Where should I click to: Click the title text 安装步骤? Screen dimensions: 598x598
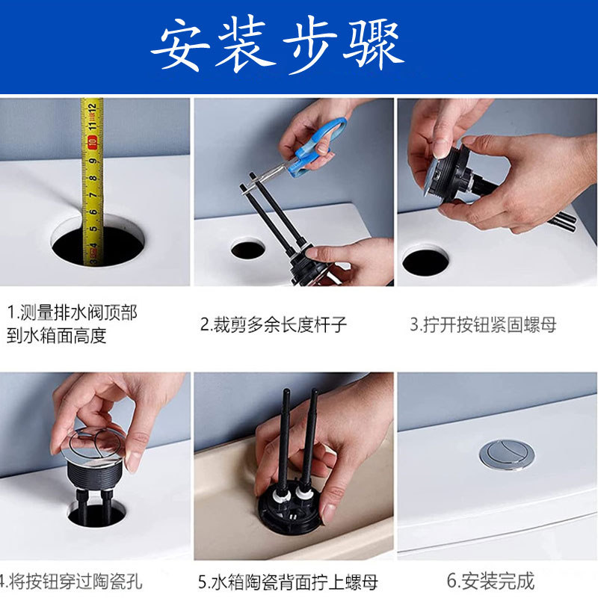(277, 45)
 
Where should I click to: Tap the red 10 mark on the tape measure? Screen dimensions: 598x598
(92, 142)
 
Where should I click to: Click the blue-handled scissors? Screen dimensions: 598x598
(312, 149)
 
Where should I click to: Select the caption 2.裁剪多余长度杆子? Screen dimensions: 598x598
(274, 325)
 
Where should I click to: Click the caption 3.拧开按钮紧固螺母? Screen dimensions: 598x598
(483, 324)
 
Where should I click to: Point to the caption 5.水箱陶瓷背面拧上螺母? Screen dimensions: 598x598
(288, 582)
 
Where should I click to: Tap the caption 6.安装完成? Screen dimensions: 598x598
(490, 582)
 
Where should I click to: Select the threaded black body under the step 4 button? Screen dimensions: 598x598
(96, 475)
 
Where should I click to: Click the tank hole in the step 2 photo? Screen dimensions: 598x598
(248, 250)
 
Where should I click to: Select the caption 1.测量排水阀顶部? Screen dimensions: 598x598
(72, 312)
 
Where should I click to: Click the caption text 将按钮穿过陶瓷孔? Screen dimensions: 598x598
(75, 582)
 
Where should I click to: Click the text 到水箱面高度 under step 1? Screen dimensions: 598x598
(57, 336)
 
